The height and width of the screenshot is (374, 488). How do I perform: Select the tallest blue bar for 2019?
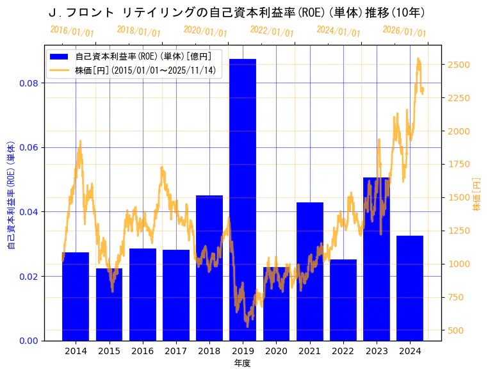point(243,199)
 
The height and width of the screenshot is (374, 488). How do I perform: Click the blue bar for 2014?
point(76,296)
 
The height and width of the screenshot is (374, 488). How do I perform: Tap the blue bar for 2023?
point(376,259)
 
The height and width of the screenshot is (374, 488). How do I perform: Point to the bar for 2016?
point(142,294)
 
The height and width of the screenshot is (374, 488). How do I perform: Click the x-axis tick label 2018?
point(209,351)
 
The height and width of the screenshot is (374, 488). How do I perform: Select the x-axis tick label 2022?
point(343,351)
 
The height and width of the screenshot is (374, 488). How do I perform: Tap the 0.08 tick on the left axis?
point(28,83)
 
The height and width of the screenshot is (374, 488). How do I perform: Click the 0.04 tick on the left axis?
point(28,212)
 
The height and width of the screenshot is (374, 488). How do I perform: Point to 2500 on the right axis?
point(459,65)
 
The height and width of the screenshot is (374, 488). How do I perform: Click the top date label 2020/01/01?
point(206,31)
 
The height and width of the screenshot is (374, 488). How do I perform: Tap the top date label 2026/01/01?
point(404,31)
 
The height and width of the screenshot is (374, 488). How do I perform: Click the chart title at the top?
point(237,13)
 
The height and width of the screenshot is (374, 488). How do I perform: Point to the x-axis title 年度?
point(242,363)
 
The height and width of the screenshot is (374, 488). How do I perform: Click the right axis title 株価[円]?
point(476,194)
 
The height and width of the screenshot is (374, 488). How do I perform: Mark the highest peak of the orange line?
point(418,58)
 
